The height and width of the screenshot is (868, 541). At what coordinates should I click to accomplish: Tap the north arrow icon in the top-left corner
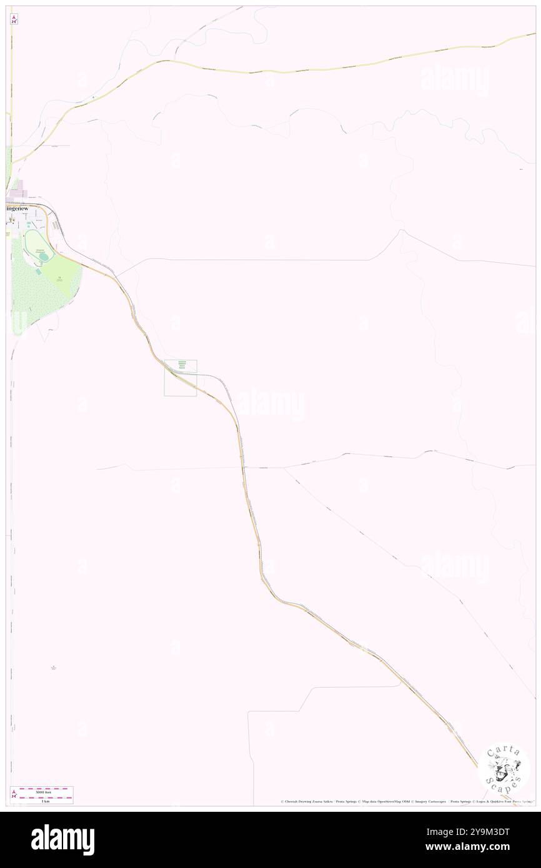click(14, 19)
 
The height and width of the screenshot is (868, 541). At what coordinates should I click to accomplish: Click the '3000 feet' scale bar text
click(43, 792)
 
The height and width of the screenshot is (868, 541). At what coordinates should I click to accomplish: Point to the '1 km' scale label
click(43, 801)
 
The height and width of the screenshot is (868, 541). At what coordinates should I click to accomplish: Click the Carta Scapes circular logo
click(504, 767)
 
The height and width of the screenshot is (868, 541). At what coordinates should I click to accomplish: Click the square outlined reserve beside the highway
click(181, 378)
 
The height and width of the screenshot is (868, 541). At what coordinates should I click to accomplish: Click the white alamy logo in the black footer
click(62, 840)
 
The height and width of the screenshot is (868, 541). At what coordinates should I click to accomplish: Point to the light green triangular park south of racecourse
click(62, 275)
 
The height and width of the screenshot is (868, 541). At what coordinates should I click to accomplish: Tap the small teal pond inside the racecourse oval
click(29, 241)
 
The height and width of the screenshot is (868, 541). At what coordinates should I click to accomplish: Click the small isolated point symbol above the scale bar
click(54, 666)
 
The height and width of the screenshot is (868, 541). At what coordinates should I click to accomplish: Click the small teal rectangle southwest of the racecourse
click(38, 271)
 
